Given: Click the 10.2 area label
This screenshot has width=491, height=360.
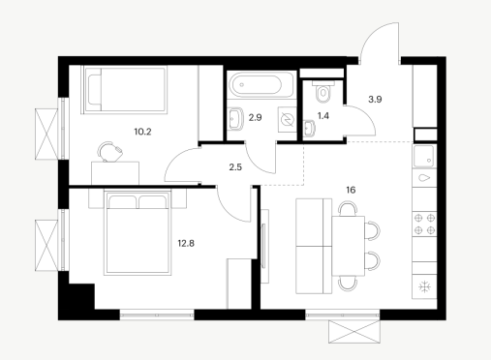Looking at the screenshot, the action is click(142, 132).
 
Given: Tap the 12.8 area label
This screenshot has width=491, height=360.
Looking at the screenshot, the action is click(186, 243).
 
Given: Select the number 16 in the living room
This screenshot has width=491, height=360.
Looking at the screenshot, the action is click(351, 190).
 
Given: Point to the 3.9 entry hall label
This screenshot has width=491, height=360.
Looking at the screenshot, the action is click(375, 100).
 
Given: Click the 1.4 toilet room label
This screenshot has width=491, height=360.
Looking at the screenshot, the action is click(323, 116).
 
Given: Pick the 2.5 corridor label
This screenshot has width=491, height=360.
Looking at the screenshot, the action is click(235, 167).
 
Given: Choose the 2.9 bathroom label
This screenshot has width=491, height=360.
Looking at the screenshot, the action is click(255, 117).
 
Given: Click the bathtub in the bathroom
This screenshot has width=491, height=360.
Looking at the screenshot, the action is click(261, 85).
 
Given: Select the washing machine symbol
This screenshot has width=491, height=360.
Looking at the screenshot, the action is click(288, 120).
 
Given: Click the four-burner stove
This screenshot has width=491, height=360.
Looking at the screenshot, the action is click(424, 225).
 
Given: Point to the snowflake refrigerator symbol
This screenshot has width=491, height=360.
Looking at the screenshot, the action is click(424, 286).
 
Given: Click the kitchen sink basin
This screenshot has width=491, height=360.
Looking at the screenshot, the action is click(424, 157).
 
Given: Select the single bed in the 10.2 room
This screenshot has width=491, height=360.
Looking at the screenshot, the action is click(125, 90).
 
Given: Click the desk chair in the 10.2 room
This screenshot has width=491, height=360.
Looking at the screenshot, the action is click(109, 151).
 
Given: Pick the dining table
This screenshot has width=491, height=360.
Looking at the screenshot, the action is click(348, 246).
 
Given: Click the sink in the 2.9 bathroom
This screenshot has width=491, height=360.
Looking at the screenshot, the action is click(235, 119).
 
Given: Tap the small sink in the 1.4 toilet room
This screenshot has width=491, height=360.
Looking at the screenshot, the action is click(309, 128).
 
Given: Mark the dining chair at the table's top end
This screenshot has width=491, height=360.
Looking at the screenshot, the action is click(348, 208).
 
